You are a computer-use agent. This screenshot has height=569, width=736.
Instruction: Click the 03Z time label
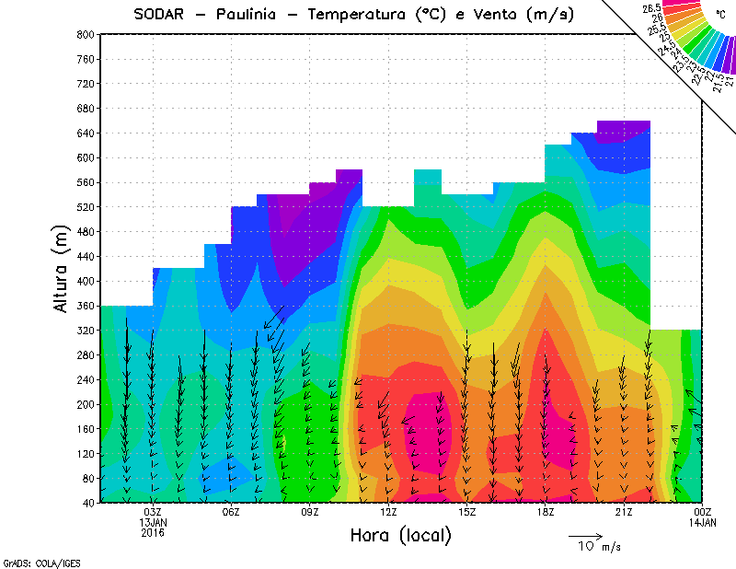[x=153, y=512]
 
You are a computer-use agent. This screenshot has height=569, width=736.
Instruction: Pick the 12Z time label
[x=388, y=512]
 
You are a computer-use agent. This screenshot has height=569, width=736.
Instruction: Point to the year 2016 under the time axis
[x=153, y=532]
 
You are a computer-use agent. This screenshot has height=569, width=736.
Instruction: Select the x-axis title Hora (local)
[x=400, y=536]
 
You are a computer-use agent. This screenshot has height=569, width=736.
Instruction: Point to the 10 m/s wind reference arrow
[x=584, y=535]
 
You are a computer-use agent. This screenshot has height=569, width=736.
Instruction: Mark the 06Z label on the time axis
[x=231, y=512]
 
